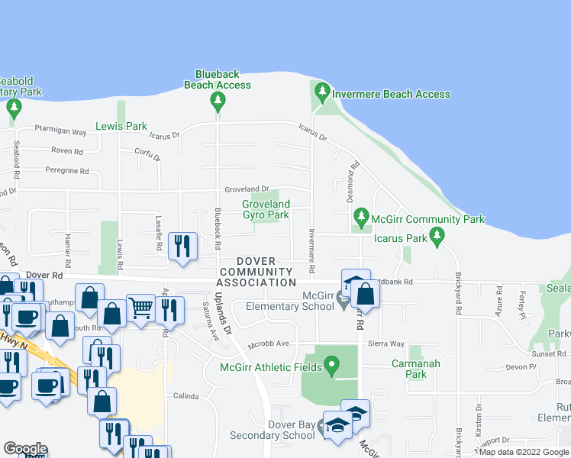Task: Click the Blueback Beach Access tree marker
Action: pyautogui.click(x=218, y=102)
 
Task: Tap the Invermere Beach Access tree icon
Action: pyautogui.click(x=322, y=94)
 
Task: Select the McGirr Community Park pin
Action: pyautogui.click(x=361, y=219)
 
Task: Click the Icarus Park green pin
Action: pyautogui.click(x=437, y=237)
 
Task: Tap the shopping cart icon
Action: pyautogui.click(x=140, y=309)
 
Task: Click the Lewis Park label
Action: pyautogui.click(x=121, y=126)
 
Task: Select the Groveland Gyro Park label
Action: pyautogui.click(x=266, y=210)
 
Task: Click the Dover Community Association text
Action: pyautogui.click(x=255, y=273)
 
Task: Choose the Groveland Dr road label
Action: pyautogui.click(x=247, y=189)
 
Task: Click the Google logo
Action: pyautogui.click(x=24, y=449)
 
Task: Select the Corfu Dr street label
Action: pyautogui.click(x=147, y=155)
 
